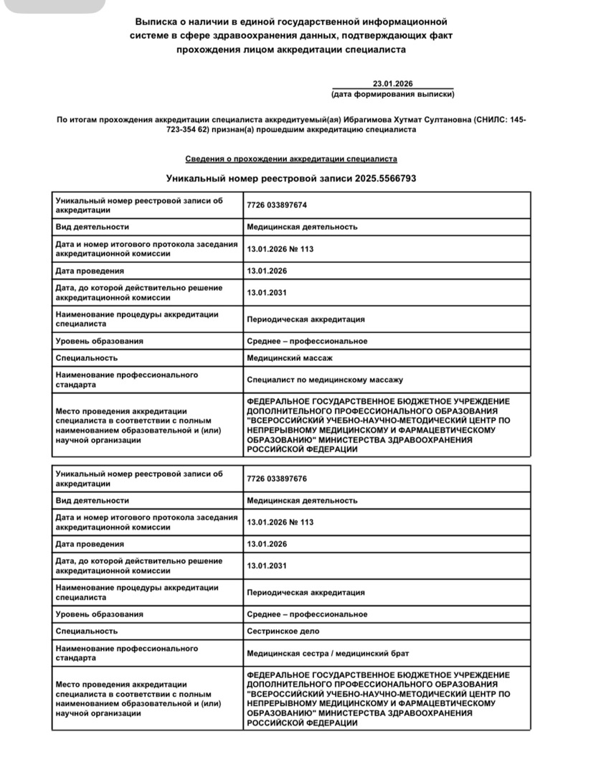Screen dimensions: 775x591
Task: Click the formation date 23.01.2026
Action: (392, 83)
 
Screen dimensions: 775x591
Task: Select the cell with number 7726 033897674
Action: (277, 205)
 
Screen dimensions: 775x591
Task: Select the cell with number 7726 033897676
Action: (277, 479)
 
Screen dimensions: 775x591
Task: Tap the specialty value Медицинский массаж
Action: (290, 357)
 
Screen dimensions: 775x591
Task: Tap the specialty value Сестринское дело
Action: (283, 631)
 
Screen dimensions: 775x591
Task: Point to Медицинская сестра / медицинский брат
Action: (328, 653)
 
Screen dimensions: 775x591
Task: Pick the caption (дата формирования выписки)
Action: (392, 94)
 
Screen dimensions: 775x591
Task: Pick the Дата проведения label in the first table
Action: (90, 271)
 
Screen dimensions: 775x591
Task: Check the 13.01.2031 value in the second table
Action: (267, 565)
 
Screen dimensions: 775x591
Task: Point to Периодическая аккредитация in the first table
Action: (306, 319)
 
